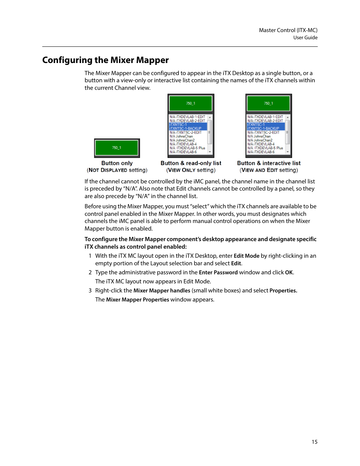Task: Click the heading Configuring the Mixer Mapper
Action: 105,60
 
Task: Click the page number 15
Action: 314,442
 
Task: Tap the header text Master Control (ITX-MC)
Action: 288,30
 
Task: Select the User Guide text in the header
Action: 305,38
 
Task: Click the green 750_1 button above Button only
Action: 117,148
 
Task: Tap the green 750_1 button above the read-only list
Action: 191,103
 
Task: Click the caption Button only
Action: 117,163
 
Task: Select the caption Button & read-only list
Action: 191,163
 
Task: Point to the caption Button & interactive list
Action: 269,163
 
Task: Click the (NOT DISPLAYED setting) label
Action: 117,170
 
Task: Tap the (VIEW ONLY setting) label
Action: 191,170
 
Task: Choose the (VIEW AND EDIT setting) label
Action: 269,170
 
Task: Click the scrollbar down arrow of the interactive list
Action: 288,152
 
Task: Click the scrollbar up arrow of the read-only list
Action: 210,117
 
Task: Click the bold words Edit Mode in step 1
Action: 246,256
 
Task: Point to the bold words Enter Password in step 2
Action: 218,272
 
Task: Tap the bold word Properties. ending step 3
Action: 283,291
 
